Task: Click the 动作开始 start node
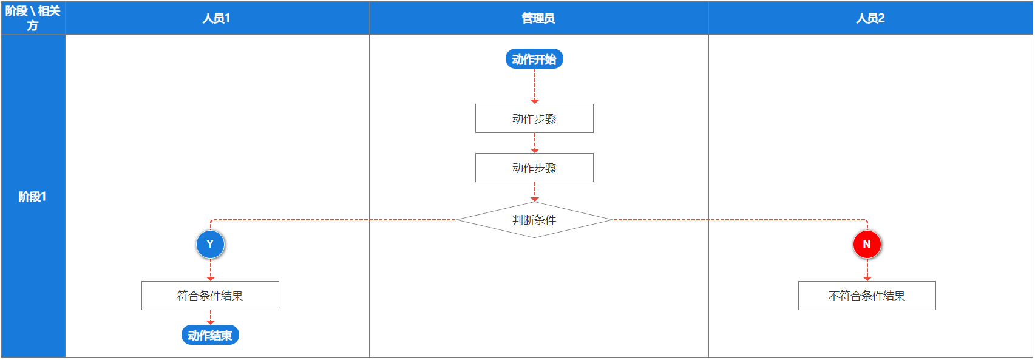[x=534, y=59]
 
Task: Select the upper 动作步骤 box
[x=534, y=118]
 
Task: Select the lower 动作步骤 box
[x=534, y=168]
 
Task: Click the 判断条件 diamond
[x=534, y=220]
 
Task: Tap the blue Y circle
[x=210, y=244]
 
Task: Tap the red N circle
[x=867, y=244]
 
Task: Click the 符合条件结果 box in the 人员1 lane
[x=210, y=296]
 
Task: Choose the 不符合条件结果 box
[x=867, y=296]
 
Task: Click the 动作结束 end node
[x=210, y=335]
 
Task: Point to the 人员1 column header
[x=217, y=18]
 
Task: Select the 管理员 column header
[x=539, y=18]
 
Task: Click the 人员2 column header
[x=870, y=18]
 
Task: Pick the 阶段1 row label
[x=33, y=196]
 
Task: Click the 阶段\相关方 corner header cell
[x=33, y=18]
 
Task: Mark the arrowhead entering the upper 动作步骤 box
[x=535, y=101]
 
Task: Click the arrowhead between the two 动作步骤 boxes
[x=535, y=150]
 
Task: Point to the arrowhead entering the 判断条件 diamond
[x=535, y=199]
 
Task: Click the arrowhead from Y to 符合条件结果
[x=211, y=279]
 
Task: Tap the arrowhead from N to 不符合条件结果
[x=867, y=279]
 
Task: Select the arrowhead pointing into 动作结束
[x=211, y=322]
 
